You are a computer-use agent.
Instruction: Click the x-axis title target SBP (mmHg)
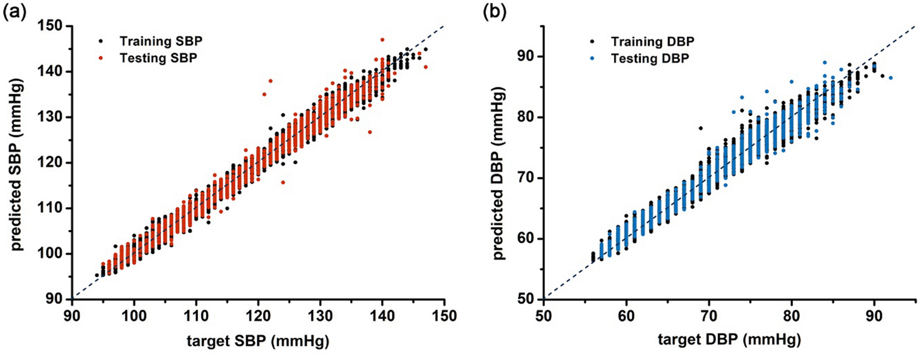pos(258,341)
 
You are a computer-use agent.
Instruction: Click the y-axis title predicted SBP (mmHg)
pos(17,165)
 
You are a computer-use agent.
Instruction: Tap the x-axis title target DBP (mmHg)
pos(729,339)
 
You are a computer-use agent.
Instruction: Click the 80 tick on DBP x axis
pos(792,316)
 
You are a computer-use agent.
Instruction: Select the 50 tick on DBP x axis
pos(544,316)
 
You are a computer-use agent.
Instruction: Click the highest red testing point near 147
pos(382,39)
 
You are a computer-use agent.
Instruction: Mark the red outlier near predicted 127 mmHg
pos(370,132)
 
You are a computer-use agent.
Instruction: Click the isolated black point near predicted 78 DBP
pos(701,128)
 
